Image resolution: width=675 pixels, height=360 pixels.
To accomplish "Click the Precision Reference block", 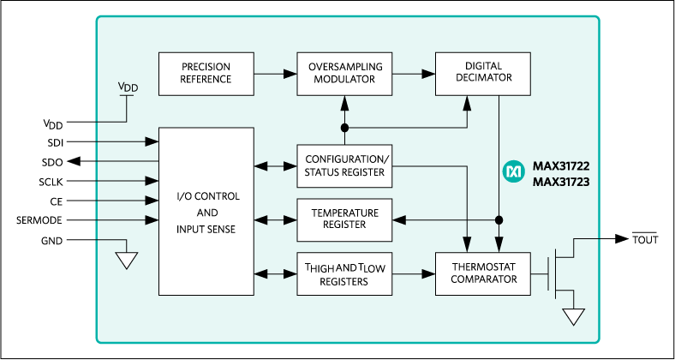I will coord(206,74).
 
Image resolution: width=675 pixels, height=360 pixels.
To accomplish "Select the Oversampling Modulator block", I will coord(345,74).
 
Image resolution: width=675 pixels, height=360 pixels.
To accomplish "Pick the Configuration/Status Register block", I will coord(345,165).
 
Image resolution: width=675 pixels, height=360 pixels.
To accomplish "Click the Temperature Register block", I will coord(345,219).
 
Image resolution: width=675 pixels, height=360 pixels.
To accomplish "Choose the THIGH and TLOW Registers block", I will coord(345,274).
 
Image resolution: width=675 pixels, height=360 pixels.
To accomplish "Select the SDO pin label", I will coord(52,161).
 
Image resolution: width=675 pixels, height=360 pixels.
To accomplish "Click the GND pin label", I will coord(52,240).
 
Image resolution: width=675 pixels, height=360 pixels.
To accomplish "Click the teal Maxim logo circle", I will coord(514,172).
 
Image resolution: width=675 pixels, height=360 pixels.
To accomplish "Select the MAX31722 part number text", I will coord(561,165).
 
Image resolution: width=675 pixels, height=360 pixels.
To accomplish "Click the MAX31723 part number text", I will coord(561,181).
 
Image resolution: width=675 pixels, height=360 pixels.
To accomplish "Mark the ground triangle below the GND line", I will coord(126,260).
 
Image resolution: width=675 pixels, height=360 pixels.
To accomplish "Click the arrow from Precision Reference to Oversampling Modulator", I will coord(274,74).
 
